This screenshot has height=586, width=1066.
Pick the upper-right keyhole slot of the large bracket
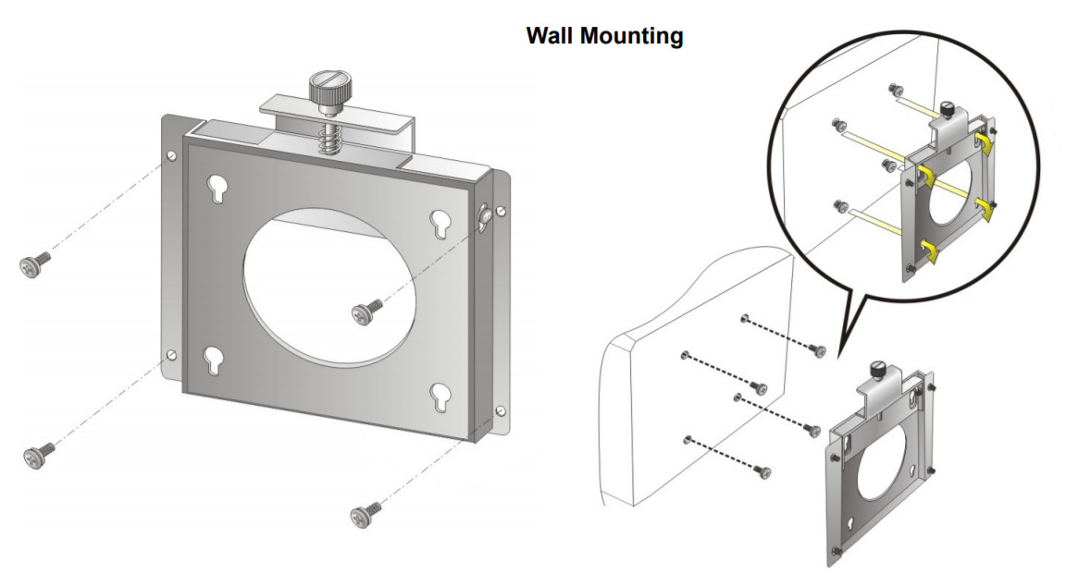[x=440, y=223]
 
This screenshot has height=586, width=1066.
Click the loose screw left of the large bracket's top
[x=32, y=265]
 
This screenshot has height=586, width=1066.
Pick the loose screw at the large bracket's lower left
[x=38, y=453]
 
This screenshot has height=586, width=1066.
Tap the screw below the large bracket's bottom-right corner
[x=364, y=513]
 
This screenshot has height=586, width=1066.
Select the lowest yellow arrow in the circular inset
[x=929, y=250]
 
